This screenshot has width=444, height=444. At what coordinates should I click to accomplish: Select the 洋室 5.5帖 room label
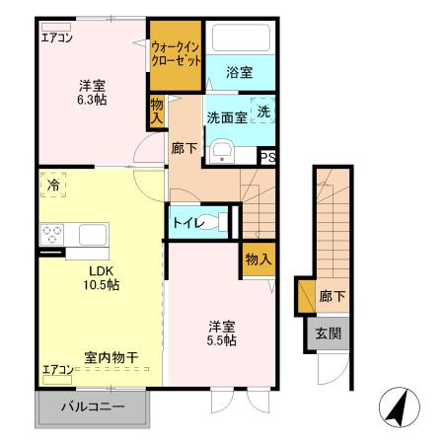click(221, 332)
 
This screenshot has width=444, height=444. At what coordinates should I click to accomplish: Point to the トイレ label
click(188, 223)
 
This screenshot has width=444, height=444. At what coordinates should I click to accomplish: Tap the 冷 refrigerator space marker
click(51, 185)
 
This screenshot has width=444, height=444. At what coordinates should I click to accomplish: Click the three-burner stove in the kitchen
click(51, 235)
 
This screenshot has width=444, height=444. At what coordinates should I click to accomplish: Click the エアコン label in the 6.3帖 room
click(56, 39)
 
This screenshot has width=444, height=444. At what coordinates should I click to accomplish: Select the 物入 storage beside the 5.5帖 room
click(258, 259)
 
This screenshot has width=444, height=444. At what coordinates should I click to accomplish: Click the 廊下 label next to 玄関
click(331, 294)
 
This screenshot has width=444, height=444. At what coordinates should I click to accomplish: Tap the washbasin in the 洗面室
click(223, 151)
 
